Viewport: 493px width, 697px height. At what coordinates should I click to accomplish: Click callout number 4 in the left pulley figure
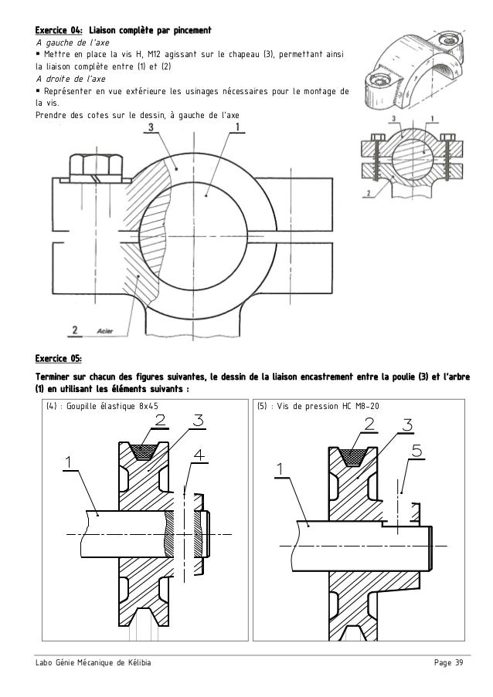coord(199,456)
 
